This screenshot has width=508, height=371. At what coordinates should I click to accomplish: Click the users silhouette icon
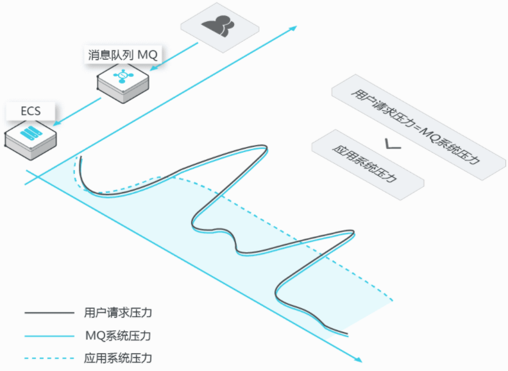217,26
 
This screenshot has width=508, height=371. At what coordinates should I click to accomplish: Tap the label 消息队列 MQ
123,55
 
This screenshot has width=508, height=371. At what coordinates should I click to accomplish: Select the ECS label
31,111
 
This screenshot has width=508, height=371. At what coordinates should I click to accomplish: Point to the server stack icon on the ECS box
31,132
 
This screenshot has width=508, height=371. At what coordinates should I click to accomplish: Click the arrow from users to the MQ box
174,56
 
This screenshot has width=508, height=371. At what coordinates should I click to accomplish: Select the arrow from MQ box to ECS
77,112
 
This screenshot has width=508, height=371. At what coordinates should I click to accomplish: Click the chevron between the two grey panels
393,144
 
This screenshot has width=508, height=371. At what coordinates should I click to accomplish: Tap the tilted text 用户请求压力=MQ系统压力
416,126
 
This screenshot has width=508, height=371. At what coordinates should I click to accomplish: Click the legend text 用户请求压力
118,313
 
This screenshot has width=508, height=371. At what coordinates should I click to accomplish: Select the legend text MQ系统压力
118,336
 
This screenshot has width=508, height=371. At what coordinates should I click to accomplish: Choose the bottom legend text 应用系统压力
118,358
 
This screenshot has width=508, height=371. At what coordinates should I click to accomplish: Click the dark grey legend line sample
49,313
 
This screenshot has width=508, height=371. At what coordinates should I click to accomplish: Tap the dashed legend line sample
49,358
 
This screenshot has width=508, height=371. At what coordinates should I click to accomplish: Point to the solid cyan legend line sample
49,336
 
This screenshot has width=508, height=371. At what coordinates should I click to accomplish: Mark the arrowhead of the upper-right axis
293,28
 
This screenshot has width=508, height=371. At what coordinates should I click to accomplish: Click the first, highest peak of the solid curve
266,147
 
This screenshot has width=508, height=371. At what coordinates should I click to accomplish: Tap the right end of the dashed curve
392,300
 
